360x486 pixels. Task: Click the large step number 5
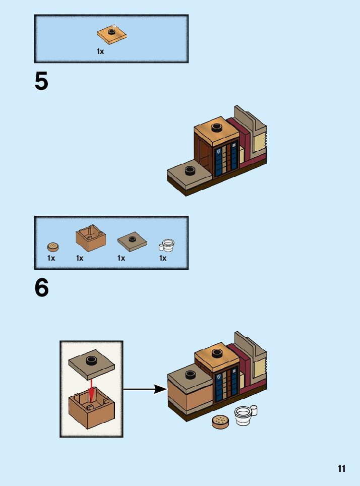coord(41,82)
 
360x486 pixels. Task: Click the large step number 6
coord(41,288)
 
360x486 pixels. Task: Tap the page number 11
coord(342,468)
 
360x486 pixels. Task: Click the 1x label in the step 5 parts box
coord(100,51)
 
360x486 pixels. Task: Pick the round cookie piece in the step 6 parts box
coord(53,247)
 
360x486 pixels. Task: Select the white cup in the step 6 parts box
coord(166,245)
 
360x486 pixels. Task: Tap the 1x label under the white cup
coord(163,258)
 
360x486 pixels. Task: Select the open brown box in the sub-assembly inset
coord(91,409)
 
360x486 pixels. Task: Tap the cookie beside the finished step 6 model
coord(220,421)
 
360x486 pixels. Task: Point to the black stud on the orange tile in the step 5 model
coord(217,127)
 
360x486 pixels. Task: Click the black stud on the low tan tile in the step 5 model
coord(190,170)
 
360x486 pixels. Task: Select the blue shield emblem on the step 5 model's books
coord(218,151)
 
